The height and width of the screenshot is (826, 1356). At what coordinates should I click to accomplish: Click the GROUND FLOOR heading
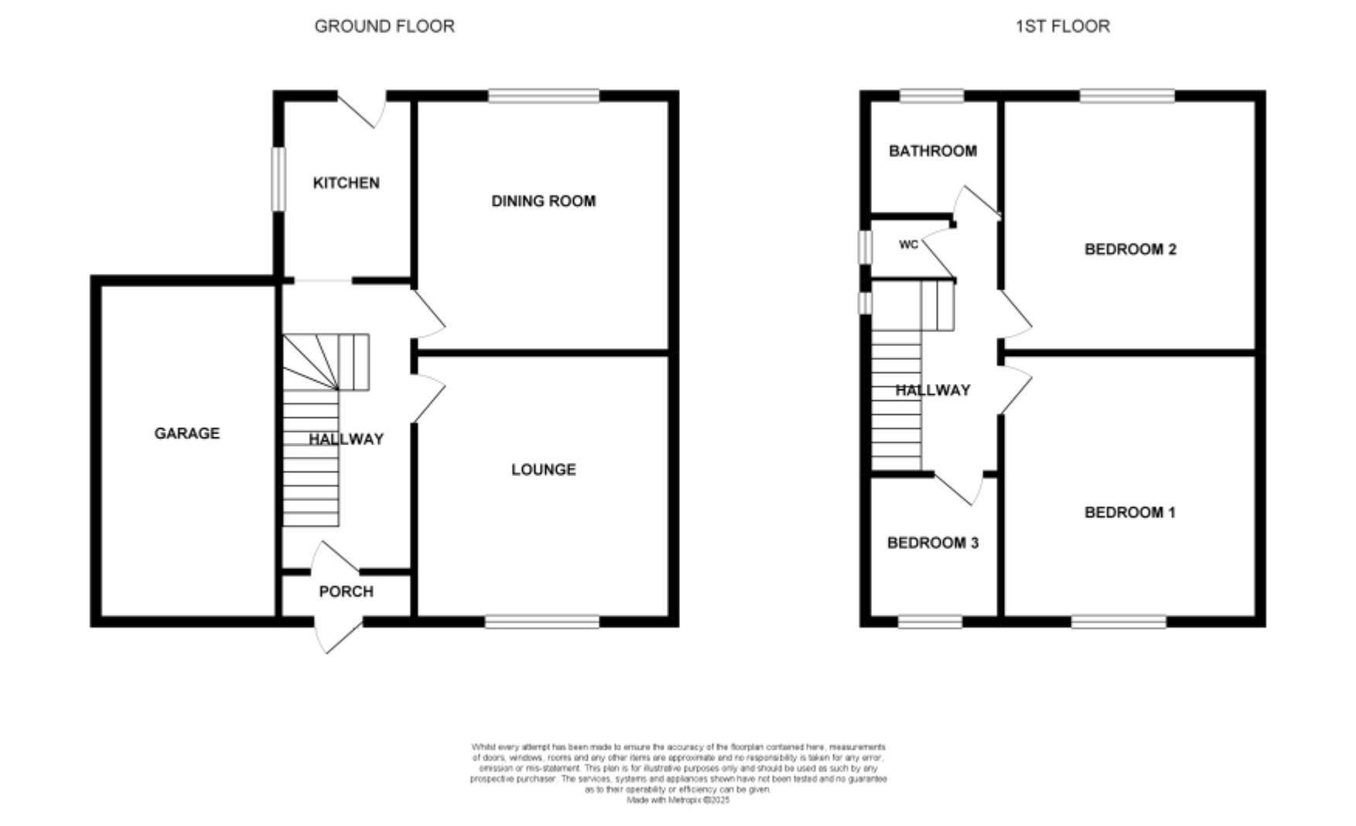(384, 26)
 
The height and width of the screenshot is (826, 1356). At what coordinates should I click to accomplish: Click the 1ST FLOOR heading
(1062, 26)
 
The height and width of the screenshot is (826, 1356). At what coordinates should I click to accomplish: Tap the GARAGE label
(186, 434)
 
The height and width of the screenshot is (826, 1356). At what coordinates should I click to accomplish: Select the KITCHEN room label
(346, 183)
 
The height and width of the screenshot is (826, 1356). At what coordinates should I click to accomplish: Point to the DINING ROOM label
(543, 201)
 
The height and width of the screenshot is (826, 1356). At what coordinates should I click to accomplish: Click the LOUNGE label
(543, 469)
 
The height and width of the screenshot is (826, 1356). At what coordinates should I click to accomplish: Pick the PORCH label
(346, 591)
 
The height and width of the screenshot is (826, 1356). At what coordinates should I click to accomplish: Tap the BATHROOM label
(932, 151)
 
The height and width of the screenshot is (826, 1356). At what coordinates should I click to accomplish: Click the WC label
(908, 245)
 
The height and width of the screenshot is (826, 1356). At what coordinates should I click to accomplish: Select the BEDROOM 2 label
(1130, 249)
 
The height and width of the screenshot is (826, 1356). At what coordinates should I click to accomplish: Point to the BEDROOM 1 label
(1129, 512)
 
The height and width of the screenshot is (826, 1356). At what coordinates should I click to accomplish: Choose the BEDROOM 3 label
(932, 543)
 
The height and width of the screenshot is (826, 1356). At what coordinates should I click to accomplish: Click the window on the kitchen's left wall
(278, 179)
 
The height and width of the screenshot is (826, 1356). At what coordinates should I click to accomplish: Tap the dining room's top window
(544, 96)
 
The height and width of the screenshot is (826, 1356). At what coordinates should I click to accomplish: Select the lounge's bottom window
(542, 621)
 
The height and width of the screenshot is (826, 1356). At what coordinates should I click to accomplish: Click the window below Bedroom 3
(930, 621)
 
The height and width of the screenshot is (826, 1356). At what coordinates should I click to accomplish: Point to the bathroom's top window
(931, 96)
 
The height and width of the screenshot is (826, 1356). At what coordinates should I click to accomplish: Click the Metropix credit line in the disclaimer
(678, 800)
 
